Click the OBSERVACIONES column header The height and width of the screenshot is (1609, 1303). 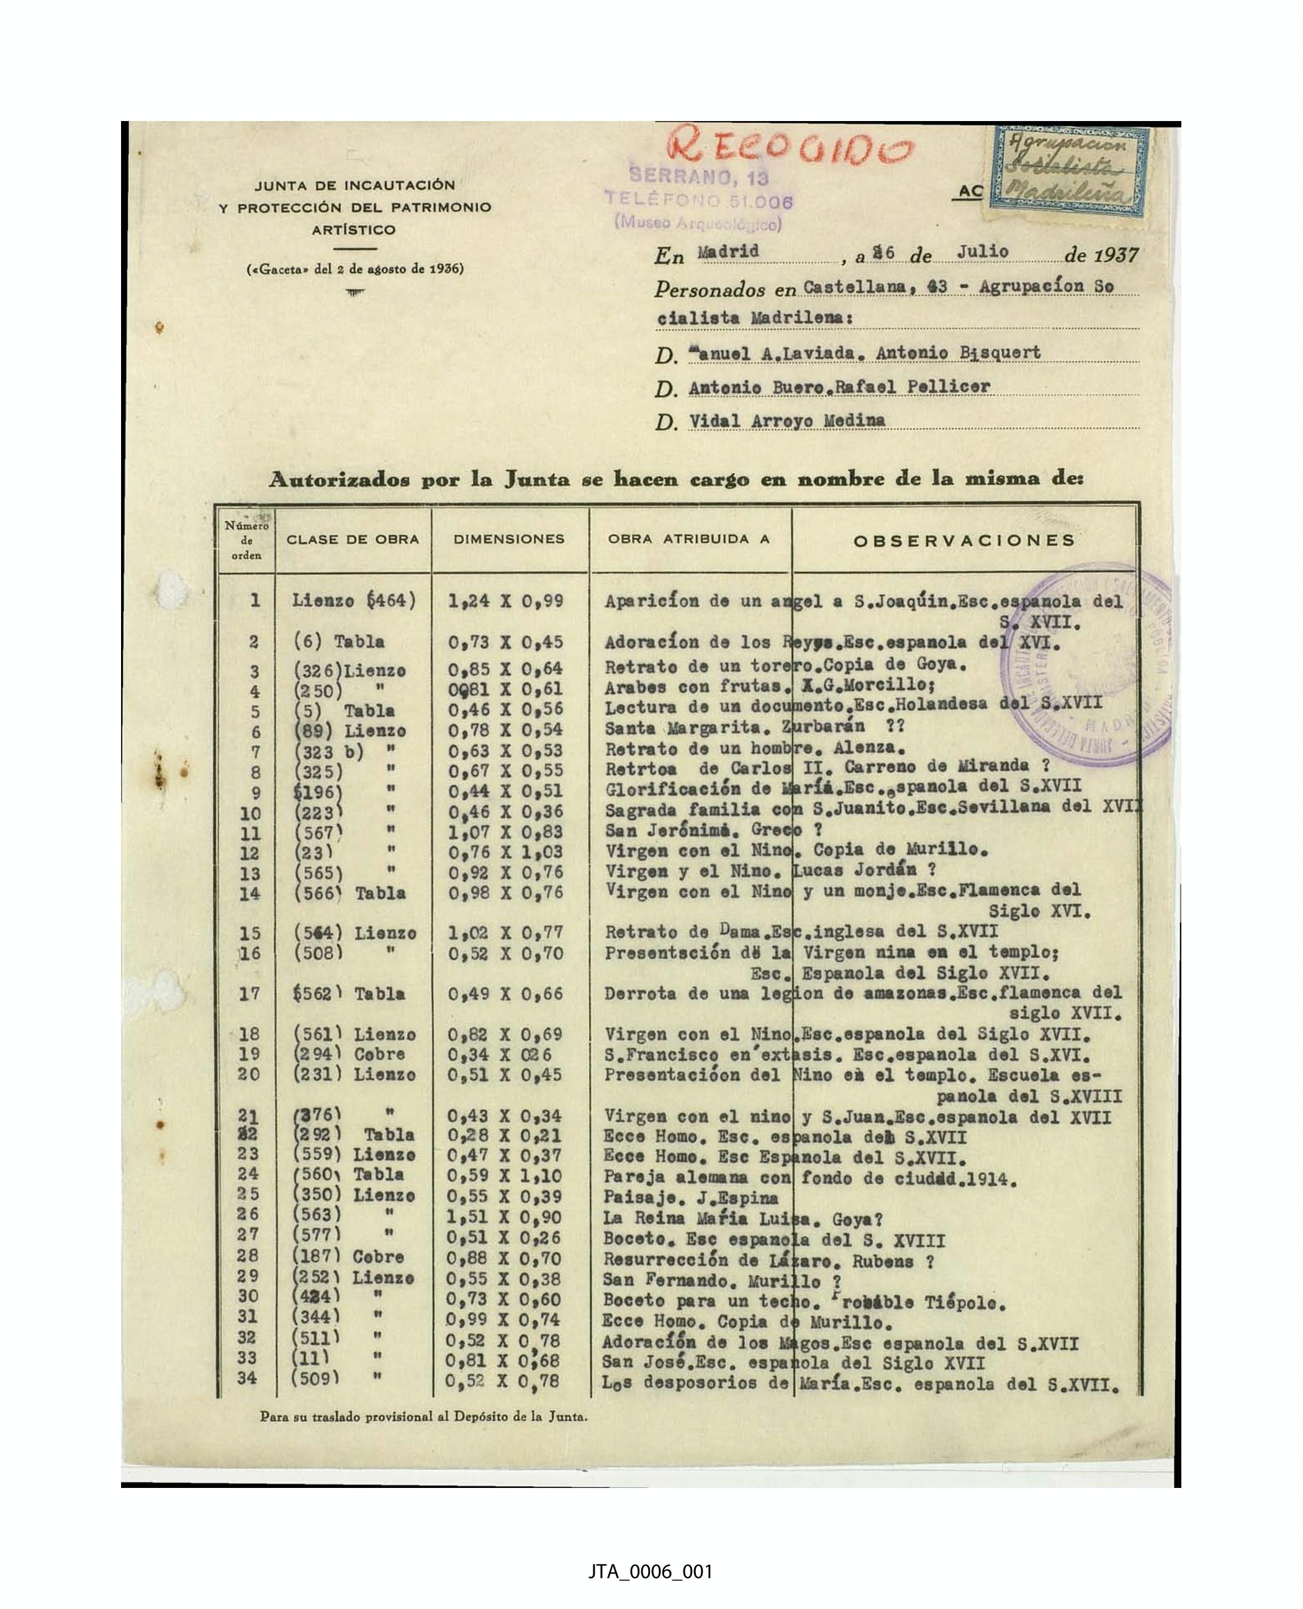(965, 540)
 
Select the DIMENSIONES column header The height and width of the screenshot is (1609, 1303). (508, 539)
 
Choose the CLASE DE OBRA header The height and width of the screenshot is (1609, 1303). (352, 539)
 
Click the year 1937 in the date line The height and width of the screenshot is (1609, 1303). (1116, 255)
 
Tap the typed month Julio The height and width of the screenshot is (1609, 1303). (982, 251)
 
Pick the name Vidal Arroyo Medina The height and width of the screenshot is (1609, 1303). (787, 420)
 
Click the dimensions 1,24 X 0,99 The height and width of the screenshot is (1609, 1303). (505, 600)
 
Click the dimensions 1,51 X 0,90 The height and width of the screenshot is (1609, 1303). (503, 1217)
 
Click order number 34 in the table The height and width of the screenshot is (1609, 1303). (247, 1378)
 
